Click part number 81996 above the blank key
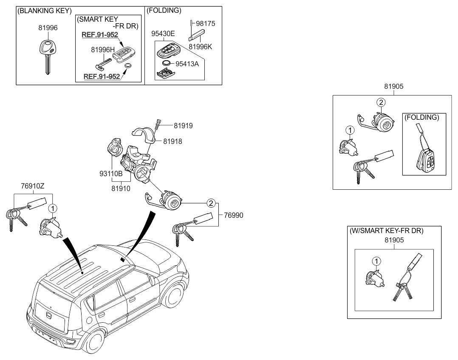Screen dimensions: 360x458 coord(48,28)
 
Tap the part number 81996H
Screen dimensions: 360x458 coord(103,50)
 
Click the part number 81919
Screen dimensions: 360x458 coord(183,126)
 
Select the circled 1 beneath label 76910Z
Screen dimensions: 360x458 coord(52,208)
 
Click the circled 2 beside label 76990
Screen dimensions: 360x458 coord(210,203)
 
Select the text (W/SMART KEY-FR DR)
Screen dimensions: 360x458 coord(387,231)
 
